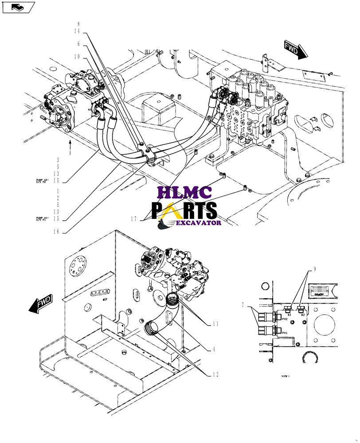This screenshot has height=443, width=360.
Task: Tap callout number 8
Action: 78,24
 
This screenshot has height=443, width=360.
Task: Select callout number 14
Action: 77,31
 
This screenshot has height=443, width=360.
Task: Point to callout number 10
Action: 77,57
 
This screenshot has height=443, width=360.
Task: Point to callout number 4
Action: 215,349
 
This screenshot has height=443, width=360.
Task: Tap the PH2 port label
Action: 284,319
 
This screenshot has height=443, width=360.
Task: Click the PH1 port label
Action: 284,333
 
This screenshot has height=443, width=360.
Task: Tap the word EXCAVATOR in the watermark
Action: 199,223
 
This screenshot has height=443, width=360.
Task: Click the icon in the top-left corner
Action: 19,7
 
